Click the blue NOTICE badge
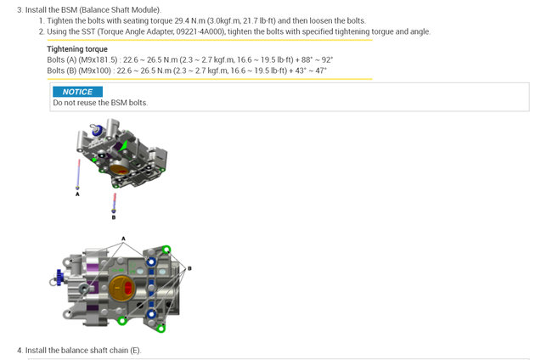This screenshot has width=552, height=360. pyautogui.click(x=78, y=92)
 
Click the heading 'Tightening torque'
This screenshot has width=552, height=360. pyautogui.click(x=77, y=49)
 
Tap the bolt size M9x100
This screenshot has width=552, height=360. pyautogui.click(x=95, y=70)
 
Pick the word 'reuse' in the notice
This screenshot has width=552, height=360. pyautogui.click(x=86, y=103)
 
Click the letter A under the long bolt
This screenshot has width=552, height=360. pyautogui.click(x=77, y=194)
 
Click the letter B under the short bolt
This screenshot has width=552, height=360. pyautogui.click(x=114, y=217)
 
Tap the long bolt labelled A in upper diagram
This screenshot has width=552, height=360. pyautogui.click(x=78, y=175)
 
